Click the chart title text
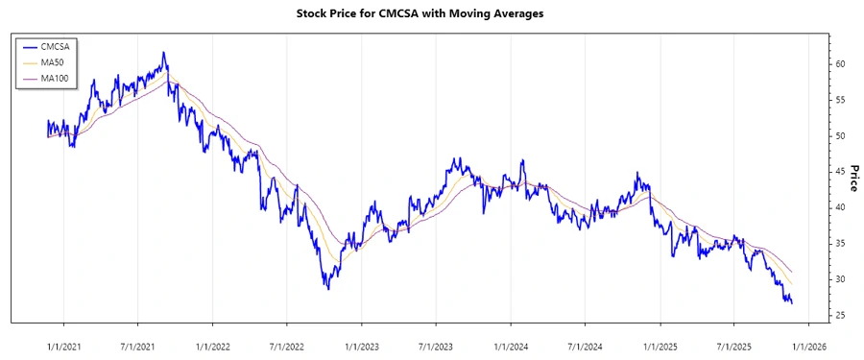click(x=431, y=14)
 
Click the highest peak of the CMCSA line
click(x=164, y=53)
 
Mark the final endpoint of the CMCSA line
click(x=792, y=303)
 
